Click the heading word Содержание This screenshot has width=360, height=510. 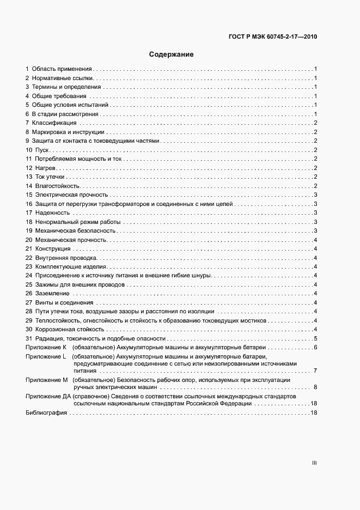coord(172,54)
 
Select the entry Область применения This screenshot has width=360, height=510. coord(62,69)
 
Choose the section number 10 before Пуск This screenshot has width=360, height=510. coord(29,150)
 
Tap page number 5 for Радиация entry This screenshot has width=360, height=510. coord(315,338)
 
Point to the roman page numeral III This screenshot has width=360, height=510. coord(314,463)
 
